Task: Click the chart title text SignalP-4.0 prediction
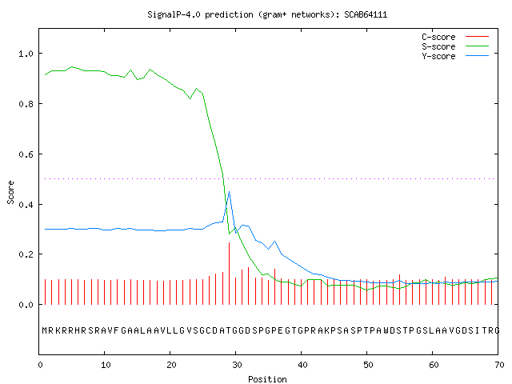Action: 200,14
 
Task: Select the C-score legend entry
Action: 455,37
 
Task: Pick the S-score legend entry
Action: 455,46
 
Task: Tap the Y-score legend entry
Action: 455,56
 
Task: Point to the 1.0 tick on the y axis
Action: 26,54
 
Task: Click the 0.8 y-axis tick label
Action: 26,104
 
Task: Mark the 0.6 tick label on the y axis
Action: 26,154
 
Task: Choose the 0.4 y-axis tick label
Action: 26,205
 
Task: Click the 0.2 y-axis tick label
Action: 26,254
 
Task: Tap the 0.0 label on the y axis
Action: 26,305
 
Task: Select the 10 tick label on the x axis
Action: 106,365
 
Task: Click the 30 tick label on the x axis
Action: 237,365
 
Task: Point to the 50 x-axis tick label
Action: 368,365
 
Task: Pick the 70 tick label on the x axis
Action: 499,365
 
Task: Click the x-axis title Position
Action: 267,379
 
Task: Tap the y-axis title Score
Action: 10,192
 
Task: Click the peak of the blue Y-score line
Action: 230,192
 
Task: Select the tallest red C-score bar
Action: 230,274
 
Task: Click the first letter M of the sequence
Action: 45,330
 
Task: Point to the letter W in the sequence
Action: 386,330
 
